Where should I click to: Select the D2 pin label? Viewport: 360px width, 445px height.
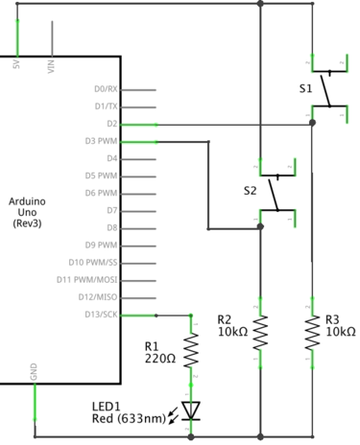point(111,124)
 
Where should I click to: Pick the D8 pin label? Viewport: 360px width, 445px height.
point(111,228)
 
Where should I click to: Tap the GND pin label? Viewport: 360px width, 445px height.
point(35,371)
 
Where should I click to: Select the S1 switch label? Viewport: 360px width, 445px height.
point(305,88)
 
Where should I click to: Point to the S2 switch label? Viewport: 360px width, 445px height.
point(250,191)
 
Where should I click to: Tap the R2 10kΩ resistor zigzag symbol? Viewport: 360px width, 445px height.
point(260,331)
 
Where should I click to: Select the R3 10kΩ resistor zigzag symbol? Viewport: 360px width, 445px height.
point(311,331)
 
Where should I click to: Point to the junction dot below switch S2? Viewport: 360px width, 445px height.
point(260,228)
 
